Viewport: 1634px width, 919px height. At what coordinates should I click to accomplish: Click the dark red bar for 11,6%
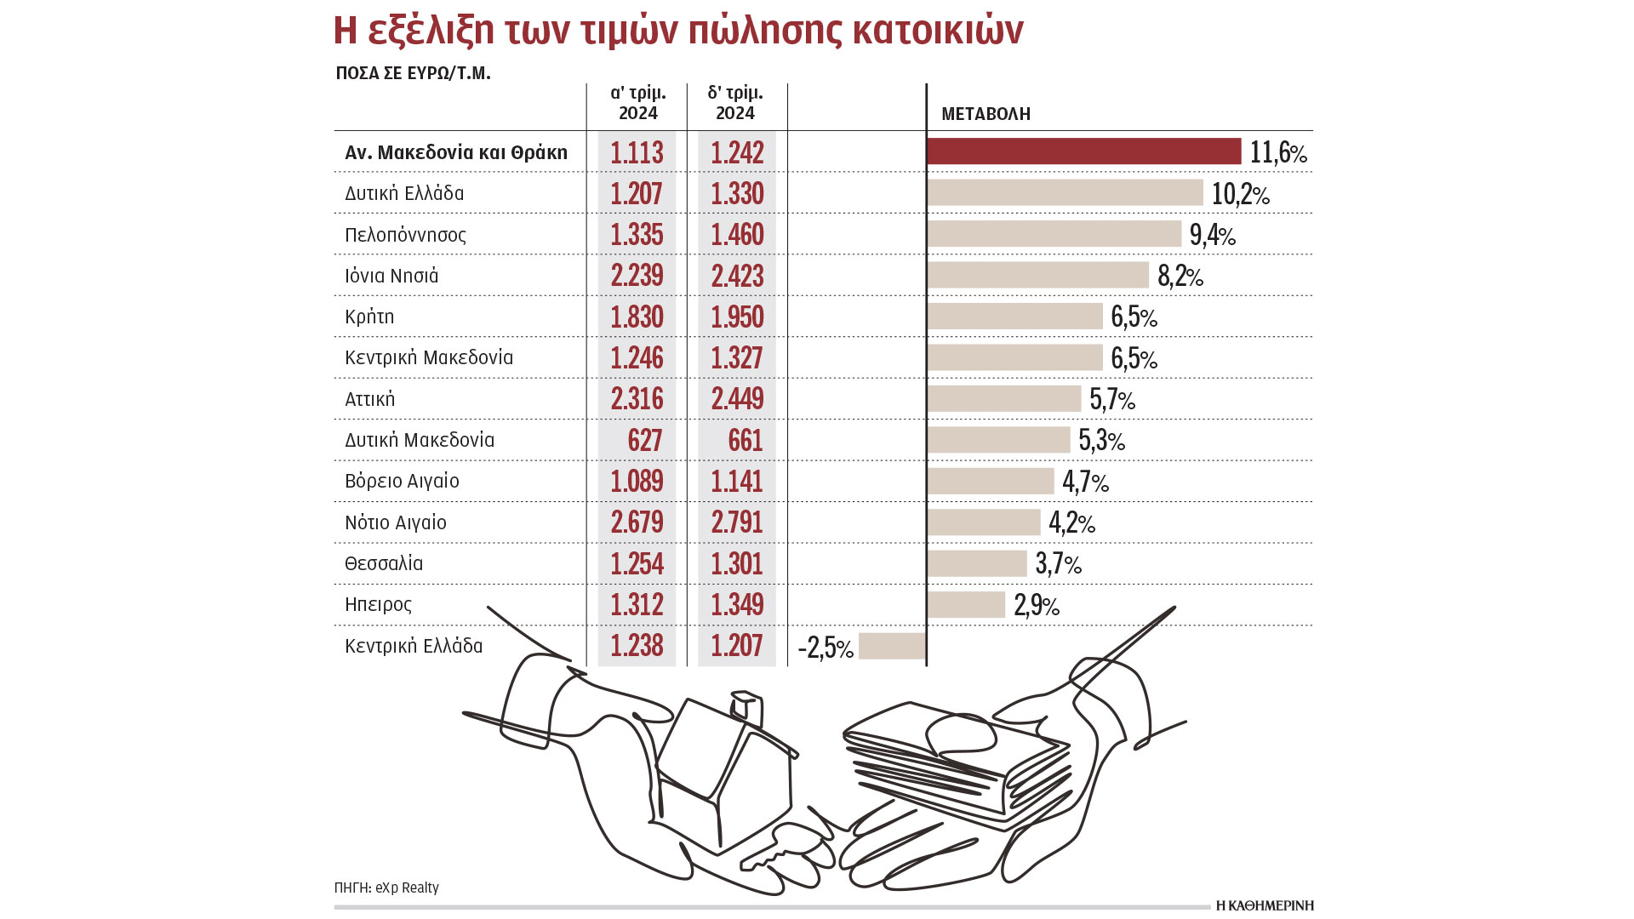pyautogui.click(x=1083, y=151)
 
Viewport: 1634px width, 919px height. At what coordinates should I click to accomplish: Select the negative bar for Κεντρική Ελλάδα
pyautogui.click(x=892, y=646)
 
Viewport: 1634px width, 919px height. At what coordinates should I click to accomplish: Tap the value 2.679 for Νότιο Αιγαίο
pyautogui.click(x=637, y=522)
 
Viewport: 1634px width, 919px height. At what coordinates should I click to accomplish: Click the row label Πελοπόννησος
pyautogui.click(x=405, y=235)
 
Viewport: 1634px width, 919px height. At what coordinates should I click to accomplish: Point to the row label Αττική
pyautogui.click(x=369, y=399)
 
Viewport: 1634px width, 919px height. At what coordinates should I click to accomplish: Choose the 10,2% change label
pyautogui.click(x=1240, y=194)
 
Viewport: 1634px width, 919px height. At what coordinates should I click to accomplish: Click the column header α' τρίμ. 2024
pyautogui.click(x=637, y=103)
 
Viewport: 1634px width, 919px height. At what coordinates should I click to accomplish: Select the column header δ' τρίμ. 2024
pyautogui.click(x=735, y=103)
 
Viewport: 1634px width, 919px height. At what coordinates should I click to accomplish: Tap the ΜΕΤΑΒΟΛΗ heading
pyautogui.click(x=986, y=114)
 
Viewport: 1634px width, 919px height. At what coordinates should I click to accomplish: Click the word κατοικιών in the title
pyautogui.click(x=937, y=31)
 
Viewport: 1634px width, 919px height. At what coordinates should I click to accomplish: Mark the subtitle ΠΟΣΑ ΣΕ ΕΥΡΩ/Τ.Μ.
pyautogui.click(x=413, y=73)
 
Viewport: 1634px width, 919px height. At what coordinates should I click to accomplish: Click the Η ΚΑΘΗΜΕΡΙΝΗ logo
pyautogui.click(x=1265, y=905)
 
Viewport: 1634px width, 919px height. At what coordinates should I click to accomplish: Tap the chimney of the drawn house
pyautogui.click(x=746, y=706)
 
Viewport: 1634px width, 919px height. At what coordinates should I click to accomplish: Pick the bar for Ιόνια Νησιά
pyautogui.click(x=1038, y=275)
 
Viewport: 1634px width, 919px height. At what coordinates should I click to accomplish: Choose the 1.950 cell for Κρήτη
pyautogui.click(x=737, y=317)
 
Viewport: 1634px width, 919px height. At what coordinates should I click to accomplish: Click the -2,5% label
pyautogui.click(x=825, y=648)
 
